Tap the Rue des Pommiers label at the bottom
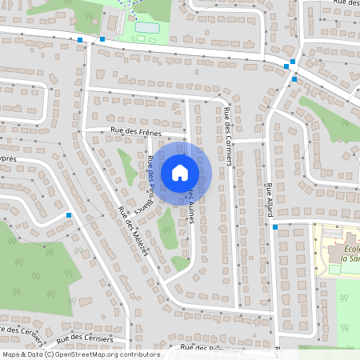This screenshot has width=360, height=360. pos(212,350)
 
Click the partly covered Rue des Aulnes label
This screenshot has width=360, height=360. pos(192,206)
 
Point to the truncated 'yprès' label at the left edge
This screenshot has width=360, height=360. pos(8,158)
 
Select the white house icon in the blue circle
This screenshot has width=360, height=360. pos(180,172)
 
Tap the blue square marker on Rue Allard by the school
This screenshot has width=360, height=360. pos(274,227)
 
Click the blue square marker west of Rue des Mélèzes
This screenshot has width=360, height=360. pos(70,215)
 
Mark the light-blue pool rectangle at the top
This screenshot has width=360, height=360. pos(146,28)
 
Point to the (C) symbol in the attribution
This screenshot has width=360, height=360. pos(49,354)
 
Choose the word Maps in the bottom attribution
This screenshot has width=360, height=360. pos(12,354)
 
